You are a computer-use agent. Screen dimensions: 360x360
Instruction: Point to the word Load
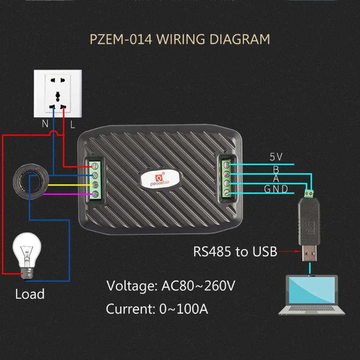(30, 294)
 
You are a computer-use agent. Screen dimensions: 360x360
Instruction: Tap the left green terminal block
(95, 179)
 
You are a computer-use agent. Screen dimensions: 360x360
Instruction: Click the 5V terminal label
(276, 157)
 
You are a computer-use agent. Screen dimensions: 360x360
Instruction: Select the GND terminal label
(276, 189)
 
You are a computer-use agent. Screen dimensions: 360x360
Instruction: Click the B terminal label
(276, 169)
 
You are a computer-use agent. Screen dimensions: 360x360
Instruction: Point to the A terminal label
(276, 179)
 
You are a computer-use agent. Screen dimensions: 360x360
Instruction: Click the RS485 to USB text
(235, 252)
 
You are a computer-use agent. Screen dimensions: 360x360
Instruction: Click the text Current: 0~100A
(157, 309)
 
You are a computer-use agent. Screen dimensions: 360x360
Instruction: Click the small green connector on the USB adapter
(310, 194)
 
